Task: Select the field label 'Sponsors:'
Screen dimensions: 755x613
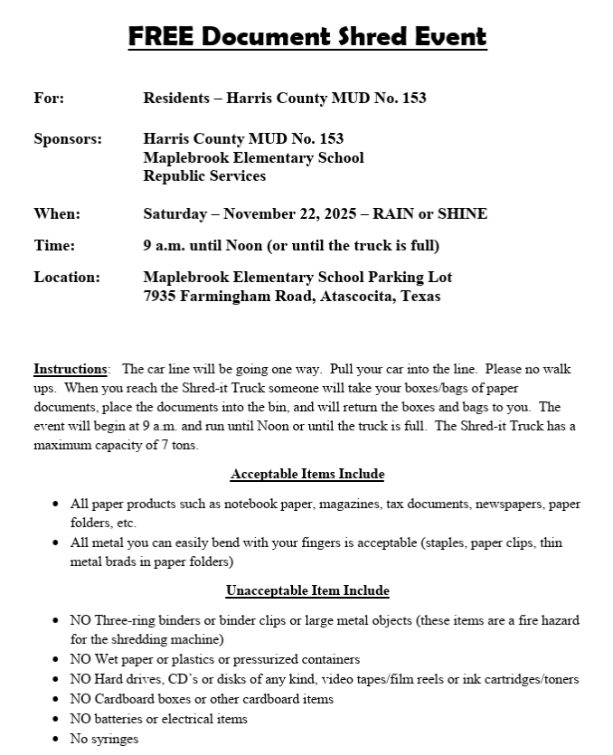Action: (x=68, y=138)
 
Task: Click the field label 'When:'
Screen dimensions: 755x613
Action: (x=57, y=213)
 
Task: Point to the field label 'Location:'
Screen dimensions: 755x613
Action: (x=67, y=277)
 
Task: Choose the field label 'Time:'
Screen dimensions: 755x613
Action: (x=54, y=245)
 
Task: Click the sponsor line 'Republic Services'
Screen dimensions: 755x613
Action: (x=204, y=176)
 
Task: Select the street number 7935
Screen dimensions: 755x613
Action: (x=163, y=296)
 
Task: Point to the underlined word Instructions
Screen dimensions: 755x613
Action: (x=70, y=369)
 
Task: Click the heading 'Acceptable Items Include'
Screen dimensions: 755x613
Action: (x=307, y=474)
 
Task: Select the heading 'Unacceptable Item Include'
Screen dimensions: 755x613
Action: (x=307, y=590)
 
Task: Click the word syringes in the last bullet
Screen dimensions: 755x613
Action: (x=115, y=740)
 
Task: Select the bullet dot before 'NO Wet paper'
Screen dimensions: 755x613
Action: (x=57, y=660)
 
